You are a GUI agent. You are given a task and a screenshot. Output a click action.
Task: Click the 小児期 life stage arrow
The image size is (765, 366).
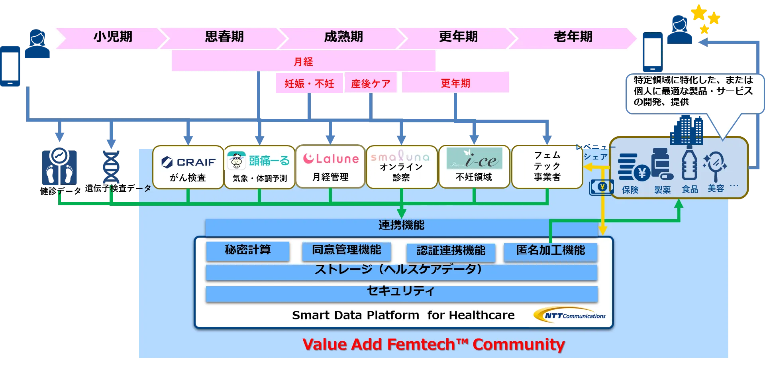(x=113, y=37)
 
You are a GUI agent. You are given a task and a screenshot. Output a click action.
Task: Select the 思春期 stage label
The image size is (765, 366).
(x=224, y=37)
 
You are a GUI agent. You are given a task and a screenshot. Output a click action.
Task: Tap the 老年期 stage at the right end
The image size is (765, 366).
(x=573, y=37)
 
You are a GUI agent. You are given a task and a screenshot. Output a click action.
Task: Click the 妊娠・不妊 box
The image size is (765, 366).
(x=309, y=83)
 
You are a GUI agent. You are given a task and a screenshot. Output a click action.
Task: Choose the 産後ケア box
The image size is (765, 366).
(x=371, y=83)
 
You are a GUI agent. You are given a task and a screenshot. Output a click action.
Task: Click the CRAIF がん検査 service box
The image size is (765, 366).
(x=188, y=167)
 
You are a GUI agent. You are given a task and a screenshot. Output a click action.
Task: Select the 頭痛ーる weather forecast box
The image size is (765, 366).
(x=259, y=167)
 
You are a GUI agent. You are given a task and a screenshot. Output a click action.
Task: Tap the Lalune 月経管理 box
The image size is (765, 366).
(x=330, y=167)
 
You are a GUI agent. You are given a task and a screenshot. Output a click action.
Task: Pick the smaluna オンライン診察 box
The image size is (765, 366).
(x=401, y=167)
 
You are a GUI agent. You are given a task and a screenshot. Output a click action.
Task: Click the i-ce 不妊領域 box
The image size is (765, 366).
(x=474, y=167)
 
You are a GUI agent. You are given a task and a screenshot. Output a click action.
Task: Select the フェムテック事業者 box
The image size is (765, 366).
(x=547, y=166)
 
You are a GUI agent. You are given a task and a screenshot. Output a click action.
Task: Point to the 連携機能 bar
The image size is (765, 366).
(x=401, y=226)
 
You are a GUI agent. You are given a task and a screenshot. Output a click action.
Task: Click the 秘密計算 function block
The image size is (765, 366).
(x=247, y=250)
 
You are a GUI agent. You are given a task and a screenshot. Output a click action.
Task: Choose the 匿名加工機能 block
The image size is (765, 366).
(x=550, y=251)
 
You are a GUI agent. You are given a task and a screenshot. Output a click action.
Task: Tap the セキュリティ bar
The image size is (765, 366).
(x=401, y=292)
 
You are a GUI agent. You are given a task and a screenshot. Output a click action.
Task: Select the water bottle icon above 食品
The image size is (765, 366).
(x=689, y=163)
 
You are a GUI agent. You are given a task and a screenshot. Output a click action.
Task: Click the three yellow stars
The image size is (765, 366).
(x=706, y=18)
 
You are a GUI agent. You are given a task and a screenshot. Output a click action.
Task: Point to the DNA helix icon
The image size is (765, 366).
(x=112, y=167)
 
